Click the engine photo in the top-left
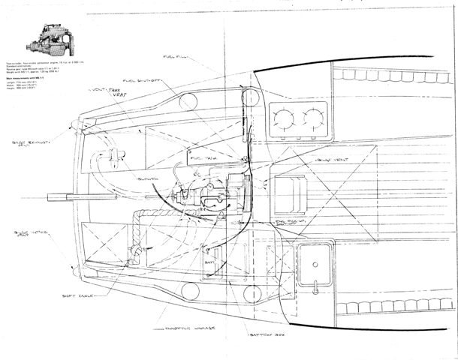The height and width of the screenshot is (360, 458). click(x=47, y=39)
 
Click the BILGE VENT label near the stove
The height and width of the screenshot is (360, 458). click(x=332, y=161)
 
